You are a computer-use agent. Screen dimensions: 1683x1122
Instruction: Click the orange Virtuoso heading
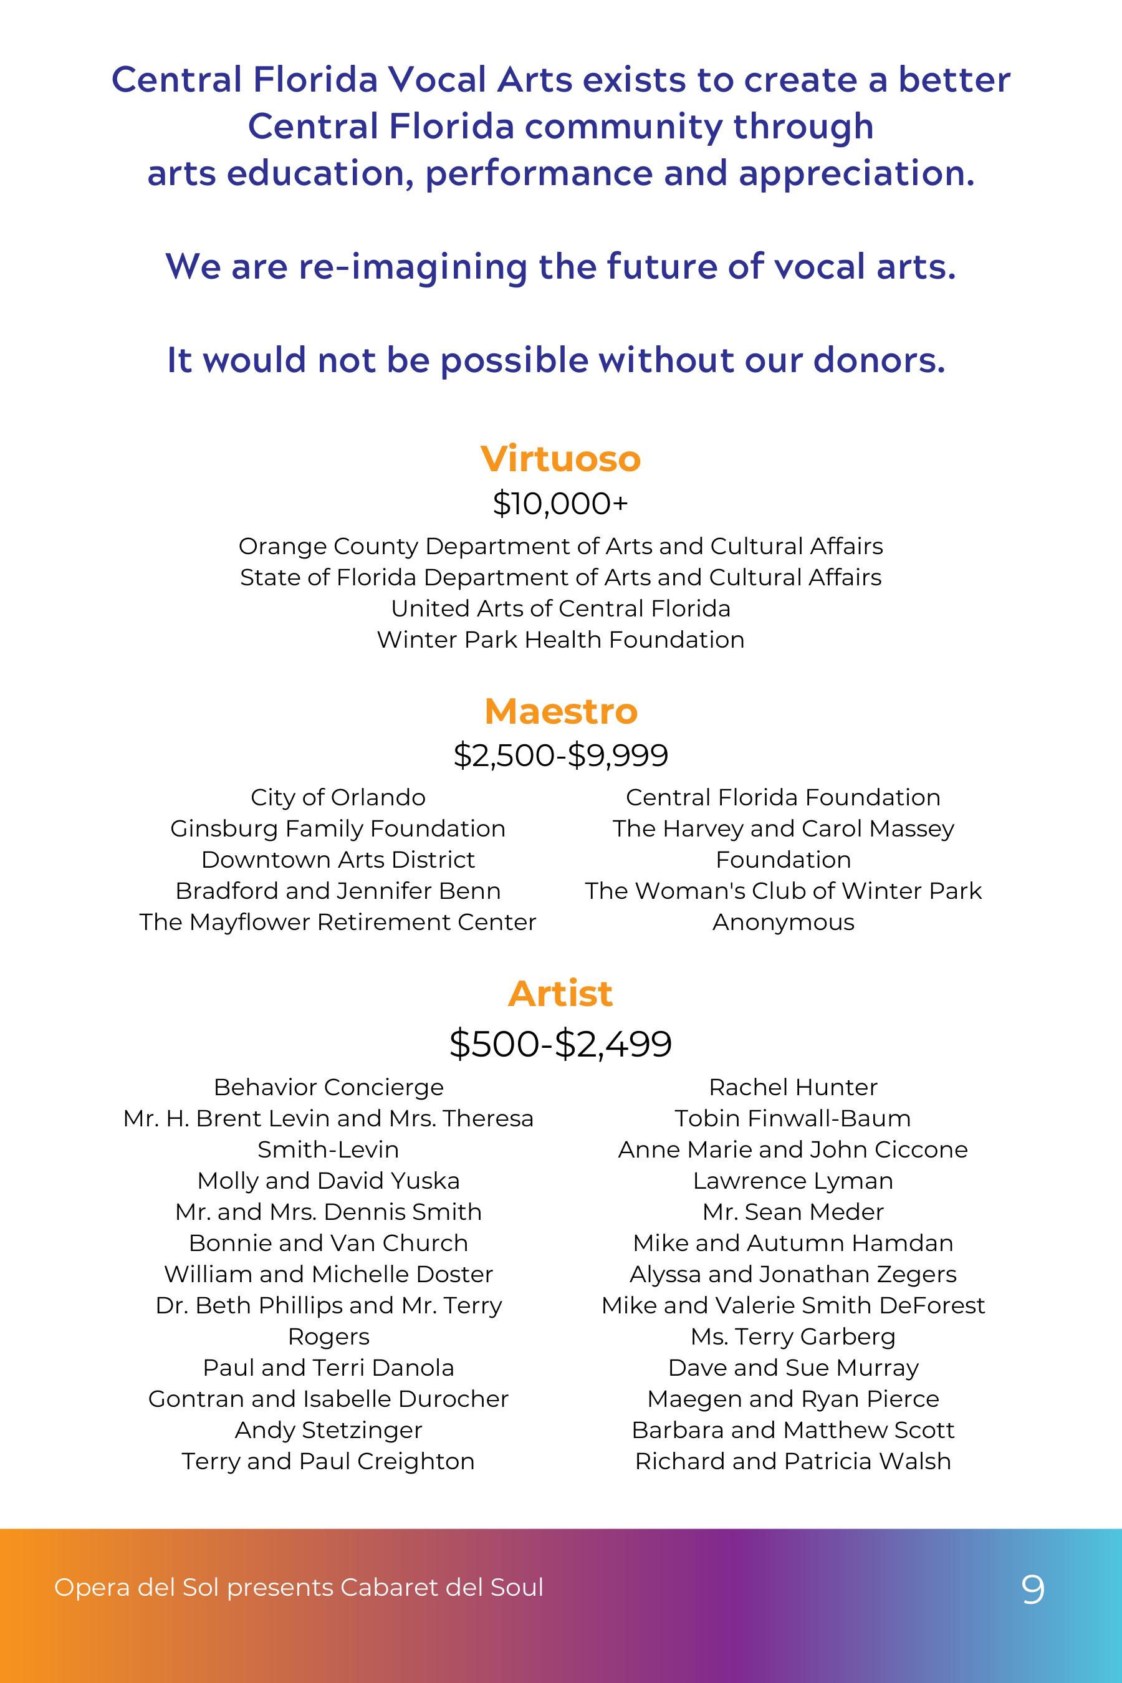tap(560, 459)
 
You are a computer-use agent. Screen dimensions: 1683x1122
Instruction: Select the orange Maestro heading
tap(560, 711)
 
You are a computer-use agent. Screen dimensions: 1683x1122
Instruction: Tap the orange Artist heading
tap(560, 993)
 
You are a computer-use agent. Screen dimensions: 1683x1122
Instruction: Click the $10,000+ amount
tap(560, 504)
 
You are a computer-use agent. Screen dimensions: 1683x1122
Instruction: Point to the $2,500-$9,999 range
tap(560, 755)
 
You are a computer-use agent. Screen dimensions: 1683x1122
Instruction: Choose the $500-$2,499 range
tap(560, 1043)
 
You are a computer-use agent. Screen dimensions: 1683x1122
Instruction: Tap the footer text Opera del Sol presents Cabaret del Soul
tap(299, 1587)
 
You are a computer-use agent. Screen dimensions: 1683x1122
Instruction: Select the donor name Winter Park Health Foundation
tap(560, 639)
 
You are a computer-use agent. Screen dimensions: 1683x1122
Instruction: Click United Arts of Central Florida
tap(560, 608)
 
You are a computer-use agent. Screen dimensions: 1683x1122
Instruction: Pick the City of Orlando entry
tap(338, 797)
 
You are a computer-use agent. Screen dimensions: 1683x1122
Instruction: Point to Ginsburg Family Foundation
tap(338, 828)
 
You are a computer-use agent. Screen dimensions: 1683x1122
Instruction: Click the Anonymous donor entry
tap(783, 922)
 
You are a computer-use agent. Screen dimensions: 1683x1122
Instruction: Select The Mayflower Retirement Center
tap(338, 922)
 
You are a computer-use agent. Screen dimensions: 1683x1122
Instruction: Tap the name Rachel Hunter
tap(793, 1087)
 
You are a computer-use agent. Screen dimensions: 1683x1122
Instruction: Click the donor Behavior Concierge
tap(328, 1087)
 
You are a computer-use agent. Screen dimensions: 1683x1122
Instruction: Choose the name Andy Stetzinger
tap(328, 1430)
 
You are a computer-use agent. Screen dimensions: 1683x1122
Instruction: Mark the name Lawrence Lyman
tap(793, 1181)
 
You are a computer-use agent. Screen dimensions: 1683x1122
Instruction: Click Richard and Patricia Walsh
tap(793, 1460)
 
